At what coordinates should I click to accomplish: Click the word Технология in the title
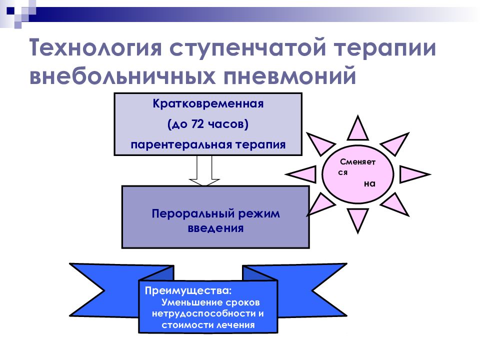click(x=95, y=47)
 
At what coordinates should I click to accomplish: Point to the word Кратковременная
click(x=208, y=104)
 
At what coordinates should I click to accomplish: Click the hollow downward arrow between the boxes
click(x=204, y=170)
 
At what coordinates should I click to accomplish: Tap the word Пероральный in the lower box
click(x=193, y=213)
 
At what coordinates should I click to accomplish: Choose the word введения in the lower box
click(x=215, y=228)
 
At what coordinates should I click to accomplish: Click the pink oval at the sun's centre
click(x=357, y=174)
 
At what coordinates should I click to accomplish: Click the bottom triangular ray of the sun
click(x=357, y=220)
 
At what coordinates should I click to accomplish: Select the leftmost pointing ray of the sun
click(x=302, y=174)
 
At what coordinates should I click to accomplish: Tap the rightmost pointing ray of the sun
click(x=413, y=174)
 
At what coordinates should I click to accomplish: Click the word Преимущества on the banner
click(x=188, y=290)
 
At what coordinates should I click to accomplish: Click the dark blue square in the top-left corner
click(x=10, y=11)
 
